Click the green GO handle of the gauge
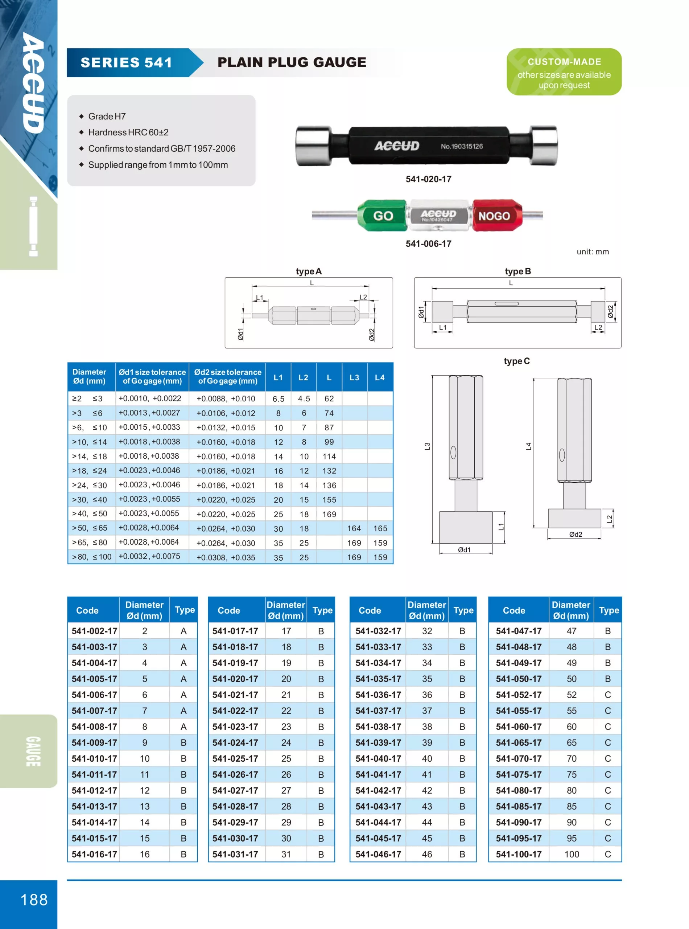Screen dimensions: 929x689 [x=382, y=215]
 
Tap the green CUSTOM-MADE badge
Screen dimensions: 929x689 [x=564, y=72]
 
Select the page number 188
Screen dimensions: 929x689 [x=34, y=899]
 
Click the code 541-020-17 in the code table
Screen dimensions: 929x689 [x=235, y=679]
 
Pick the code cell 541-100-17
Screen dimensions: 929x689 [x=519, y=854]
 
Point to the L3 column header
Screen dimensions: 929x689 [x=354, y=377]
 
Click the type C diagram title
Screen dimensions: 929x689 [x=516, y=361]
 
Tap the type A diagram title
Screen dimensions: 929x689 [x=309, y=271]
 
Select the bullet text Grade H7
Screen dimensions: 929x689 [x=107, y=116]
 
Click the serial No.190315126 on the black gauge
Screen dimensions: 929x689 [x=462, y=147]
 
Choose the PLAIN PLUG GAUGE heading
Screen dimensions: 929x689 [x=292, y=63]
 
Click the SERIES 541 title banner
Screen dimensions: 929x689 [x=126, y=63]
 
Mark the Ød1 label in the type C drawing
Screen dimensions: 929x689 [x=464, y=550]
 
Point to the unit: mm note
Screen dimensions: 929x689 [x=593, y=251]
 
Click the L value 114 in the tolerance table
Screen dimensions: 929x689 [x=329, y=457]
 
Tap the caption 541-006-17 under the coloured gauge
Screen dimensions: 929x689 [x=428, y=244]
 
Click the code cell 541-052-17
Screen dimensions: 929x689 [x=519, y=695]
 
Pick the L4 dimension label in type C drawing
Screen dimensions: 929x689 [x=528, y=446]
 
